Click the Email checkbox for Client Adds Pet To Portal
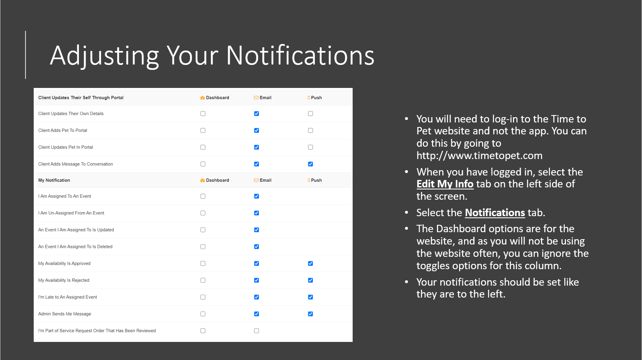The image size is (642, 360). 256,130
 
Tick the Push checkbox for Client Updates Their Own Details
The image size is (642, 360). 310,114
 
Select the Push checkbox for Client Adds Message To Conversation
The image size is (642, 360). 310,164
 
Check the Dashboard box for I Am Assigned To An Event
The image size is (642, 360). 203,196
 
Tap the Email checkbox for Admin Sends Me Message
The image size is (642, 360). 256,314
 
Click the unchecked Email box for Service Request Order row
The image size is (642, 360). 256,331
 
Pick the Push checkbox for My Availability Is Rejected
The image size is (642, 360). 310,280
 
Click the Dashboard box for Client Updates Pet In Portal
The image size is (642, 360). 203,147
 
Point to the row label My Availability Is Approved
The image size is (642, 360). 65,263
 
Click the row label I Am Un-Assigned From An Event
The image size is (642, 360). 71,213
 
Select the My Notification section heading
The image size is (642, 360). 54,180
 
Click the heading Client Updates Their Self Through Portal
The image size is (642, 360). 81,98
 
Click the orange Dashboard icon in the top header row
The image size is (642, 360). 202,98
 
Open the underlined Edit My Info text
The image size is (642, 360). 445,184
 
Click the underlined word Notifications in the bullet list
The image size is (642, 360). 495,213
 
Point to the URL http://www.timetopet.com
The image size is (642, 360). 480,156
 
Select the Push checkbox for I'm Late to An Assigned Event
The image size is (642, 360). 310,297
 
